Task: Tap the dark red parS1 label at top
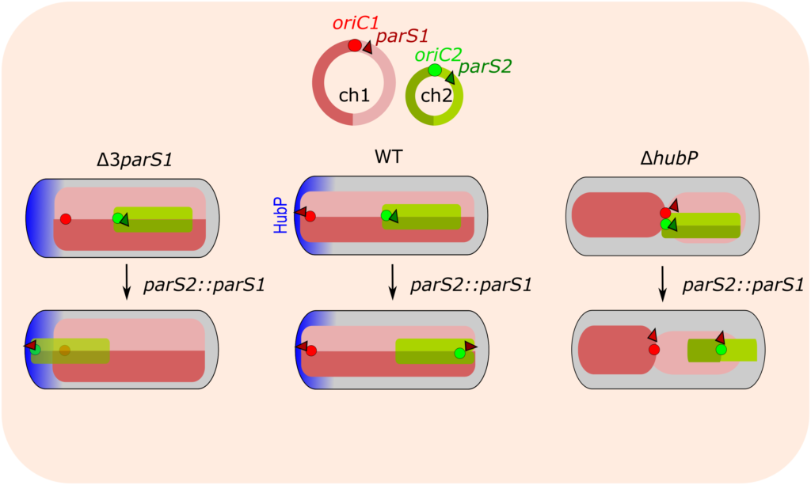point(402,36)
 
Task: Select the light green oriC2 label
point(438,54)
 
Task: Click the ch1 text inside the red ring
point(354,95)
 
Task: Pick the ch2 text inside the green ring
point(435,96)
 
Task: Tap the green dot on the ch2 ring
point(435,70)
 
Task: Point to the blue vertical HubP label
point(280,214)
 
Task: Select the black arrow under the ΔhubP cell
point(663,282)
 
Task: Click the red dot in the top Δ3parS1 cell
point(66,218)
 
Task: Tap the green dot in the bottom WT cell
point(459,354)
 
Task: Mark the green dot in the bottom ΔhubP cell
point(721,349)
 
